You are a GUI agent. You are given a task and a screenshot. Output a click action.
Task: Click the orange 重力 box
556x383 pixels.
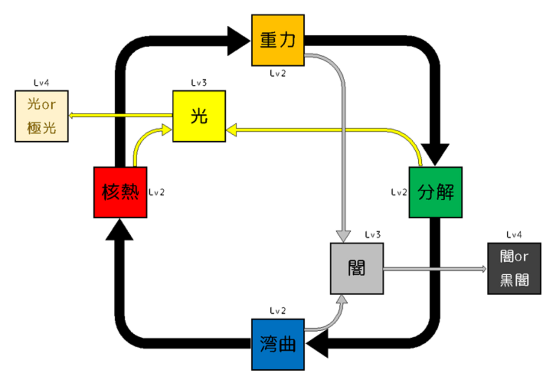click(278, 40)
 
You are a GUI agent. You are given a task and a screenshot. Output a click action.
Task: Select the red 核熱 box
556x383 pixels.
click(121, 192)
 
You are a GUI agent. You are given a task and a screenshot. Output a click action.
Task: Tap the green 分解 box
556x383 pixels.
click(436, 192)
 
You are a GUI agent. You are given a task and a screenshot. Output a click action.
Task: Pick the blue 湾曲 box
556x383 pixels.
click(278, 344)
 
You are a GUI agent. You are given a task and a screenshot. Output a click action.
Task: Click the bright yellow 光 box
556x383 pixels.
click(199, 116)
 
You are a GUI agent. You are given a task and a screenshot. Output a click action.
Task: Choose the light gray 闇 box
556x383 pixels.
click(357, 268)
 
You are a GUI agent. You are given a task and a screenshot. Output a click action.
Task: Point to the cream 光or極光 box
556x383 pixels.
click(41, 116)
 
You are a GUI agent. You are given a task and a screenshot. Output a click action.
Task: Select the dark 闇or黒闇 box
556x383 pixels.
click(514, 268)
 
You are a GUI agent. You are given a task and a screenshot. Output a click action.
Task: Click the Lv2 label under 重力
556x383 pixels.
click(278, 73)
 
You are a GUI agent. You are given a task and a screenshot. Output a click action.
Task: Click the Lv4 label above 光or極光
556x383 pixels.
click(41, 83)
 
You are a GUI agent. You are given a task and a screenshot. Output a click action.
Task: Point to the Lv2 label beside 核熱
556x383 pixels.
click(157, 192)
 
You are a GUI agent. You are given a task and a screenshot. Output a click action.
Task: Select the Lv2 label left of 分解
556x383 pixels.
click(399, 192)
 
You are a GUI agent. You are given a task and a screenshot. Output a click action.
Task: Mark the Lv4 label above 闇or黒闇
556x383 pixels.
click(514, 235)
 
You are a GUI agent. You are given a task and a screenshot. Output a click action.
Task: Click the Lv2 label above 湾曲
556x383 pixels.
click(278, 311)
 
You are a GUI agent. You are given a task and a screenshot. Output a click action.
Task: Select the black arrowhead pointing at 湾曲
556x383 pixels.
click(317, 344)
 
